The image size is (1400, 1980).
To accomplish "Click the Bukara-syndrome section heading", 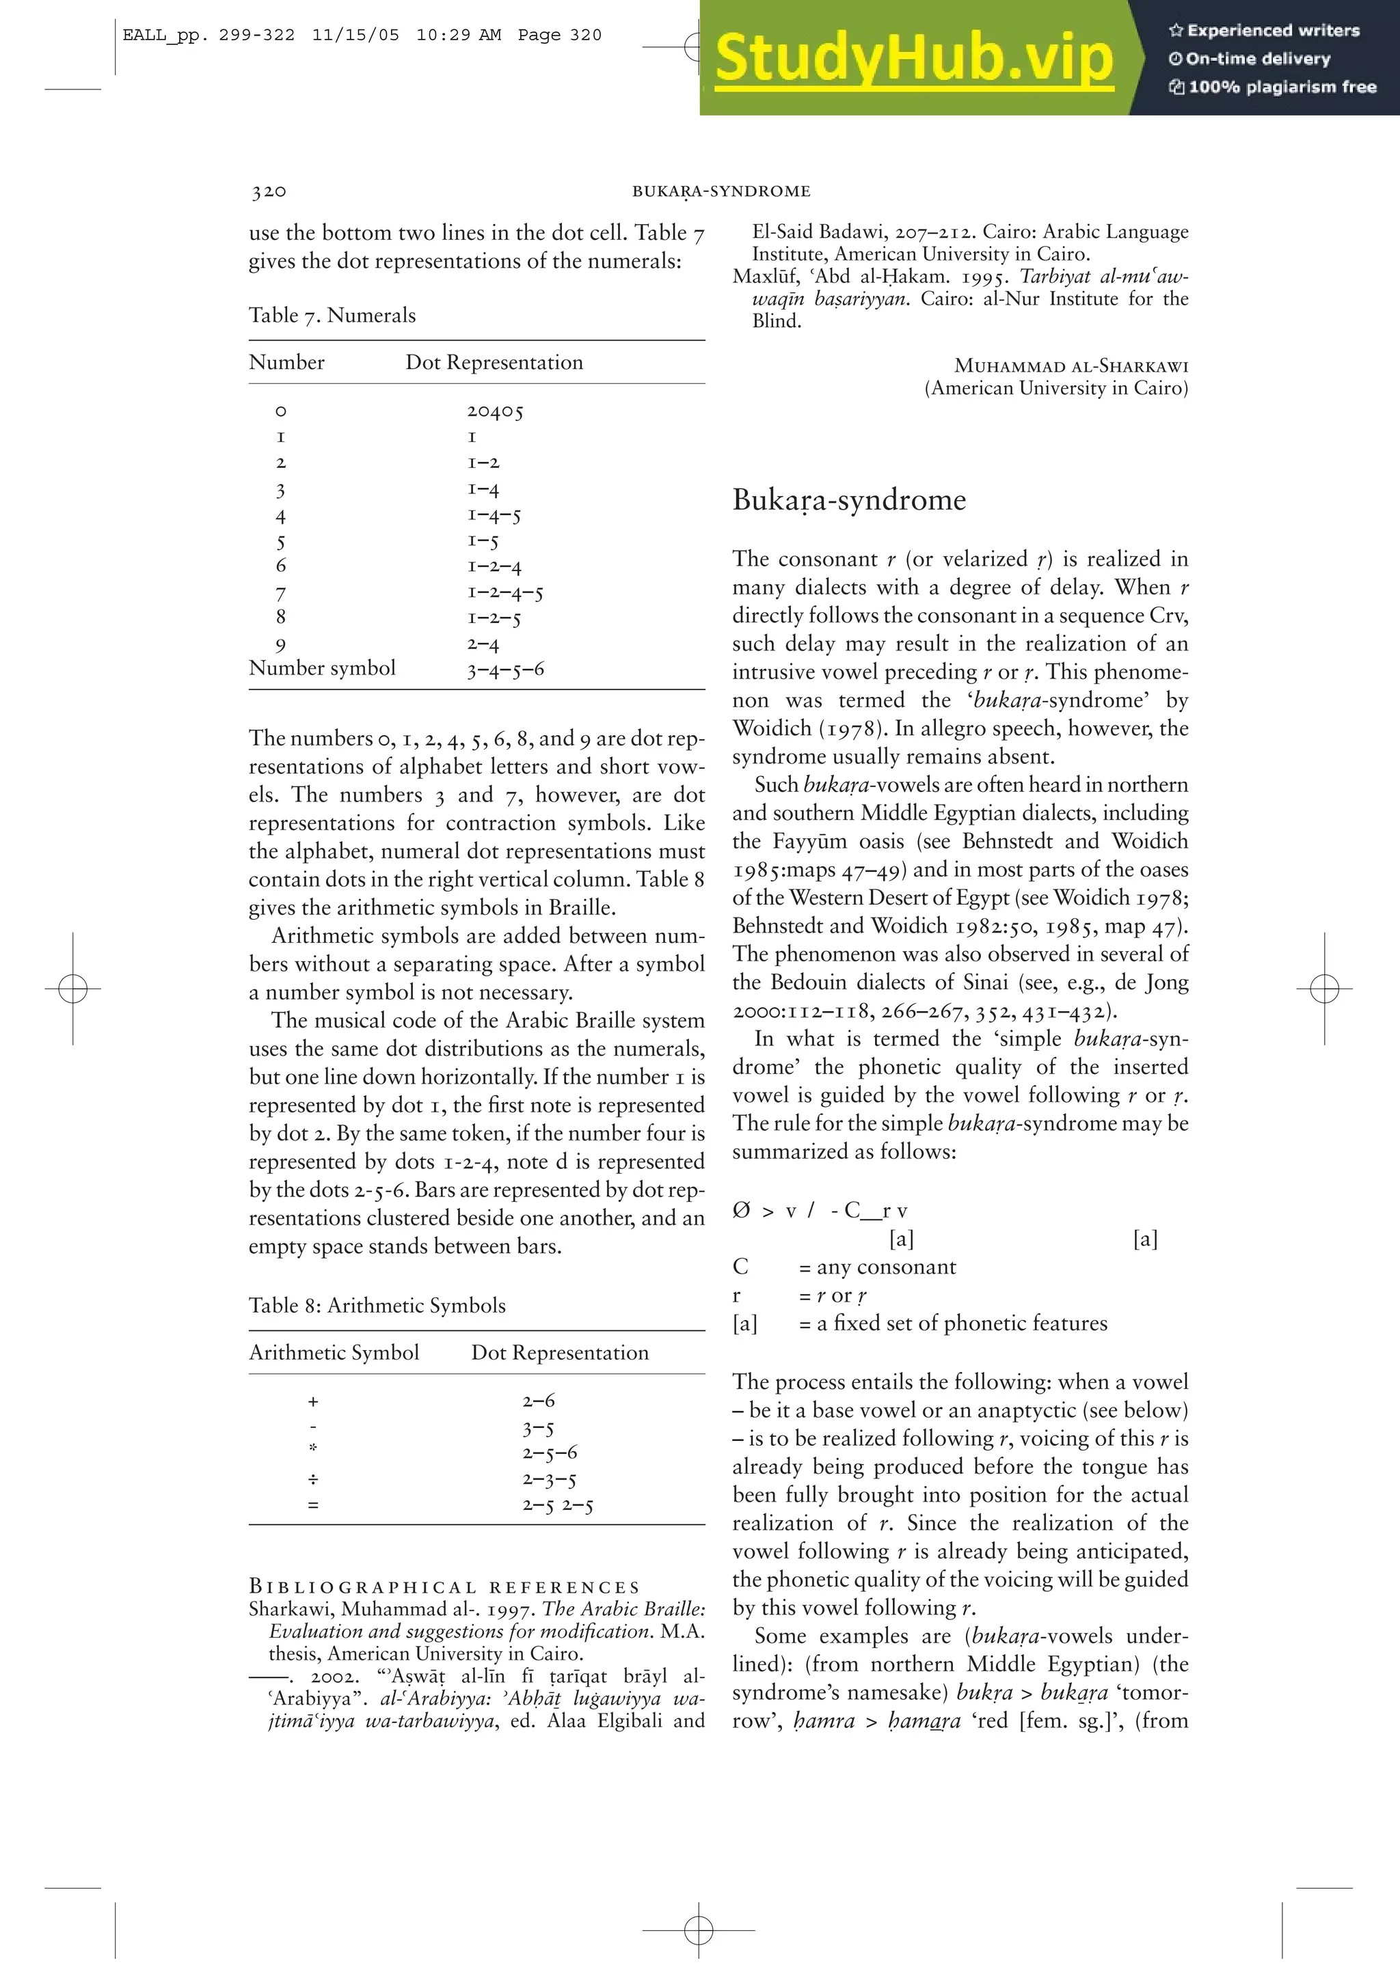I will click(849, 500).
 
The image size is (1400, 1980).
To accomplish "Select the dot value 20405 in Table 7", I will click(495, 411).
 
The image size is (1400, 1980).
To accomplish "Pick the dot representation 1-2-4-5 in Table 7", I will click(505, 592).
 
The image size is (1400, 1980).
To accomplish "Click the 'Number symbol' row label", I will click(322, 668).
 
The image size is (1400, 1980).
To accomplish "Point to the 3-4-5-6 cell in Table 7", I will click(505, 669).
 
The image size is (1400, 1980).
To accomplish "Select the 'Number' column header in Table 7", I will click(286, 362).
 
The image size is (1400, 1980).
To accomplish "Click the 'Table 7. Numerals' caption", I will click(332, 316).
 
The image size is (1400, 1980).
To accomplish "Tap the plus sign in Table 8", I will click(313, 1402).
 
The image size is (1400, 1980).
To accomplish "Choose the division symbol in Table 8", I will click(313, 1480).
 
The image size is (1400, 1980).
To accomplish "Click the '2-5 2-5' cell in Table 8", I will click(557, 1506).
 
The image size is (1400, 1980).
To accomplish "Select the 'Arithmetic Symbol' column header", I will click(334, 1352).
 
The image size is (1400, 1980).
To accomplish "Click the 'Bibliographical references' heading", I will click(444, 1586).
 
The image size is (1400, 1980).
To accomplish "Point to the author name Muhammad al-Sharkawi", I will click(1071, 366).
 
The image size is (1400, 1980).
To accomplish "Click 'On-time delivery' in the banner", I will click(1257, 59).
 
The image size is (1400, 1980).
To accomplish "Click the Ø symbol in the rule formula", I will click(741, 1211).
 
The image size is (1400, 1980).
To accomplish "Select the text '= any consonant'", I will click(877, 1267).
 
